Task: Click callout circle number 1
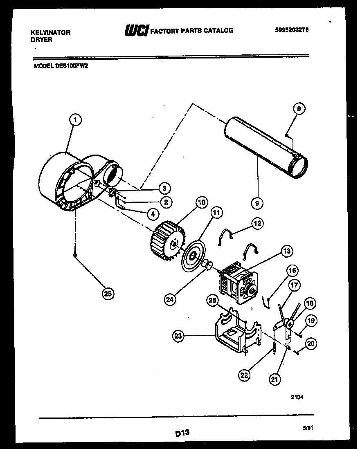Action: (x=75, y=119)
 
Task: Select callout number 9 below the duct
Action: (x=258, y=202)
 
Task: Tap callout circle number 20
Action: (x=311, y=344)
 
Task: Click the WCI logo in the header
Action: (x=136, y=30)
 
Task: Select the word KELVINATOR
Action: (x=51, y=32)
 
